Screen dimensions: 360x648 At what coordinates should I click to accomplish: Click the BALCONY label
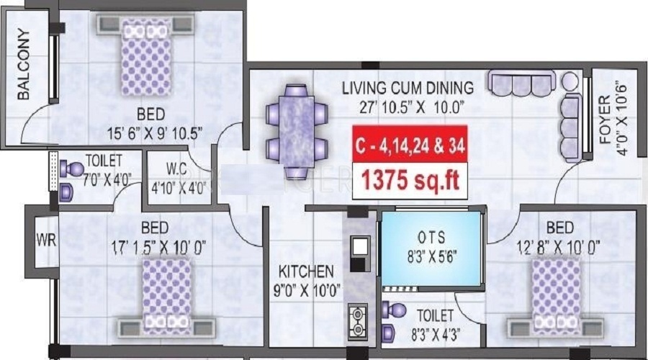[24, 65]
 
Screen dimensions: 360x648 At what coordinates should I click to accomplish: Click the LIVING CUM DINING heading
[408, 89]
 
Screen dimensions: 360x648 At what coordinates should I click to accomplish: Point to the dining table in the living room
[296, 130]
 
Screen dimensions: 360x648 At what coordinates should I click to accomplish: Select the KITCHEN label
[307, 271]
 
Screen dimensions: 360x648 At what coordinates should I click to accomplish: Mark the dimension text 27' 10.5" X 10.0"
[408, 109]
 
